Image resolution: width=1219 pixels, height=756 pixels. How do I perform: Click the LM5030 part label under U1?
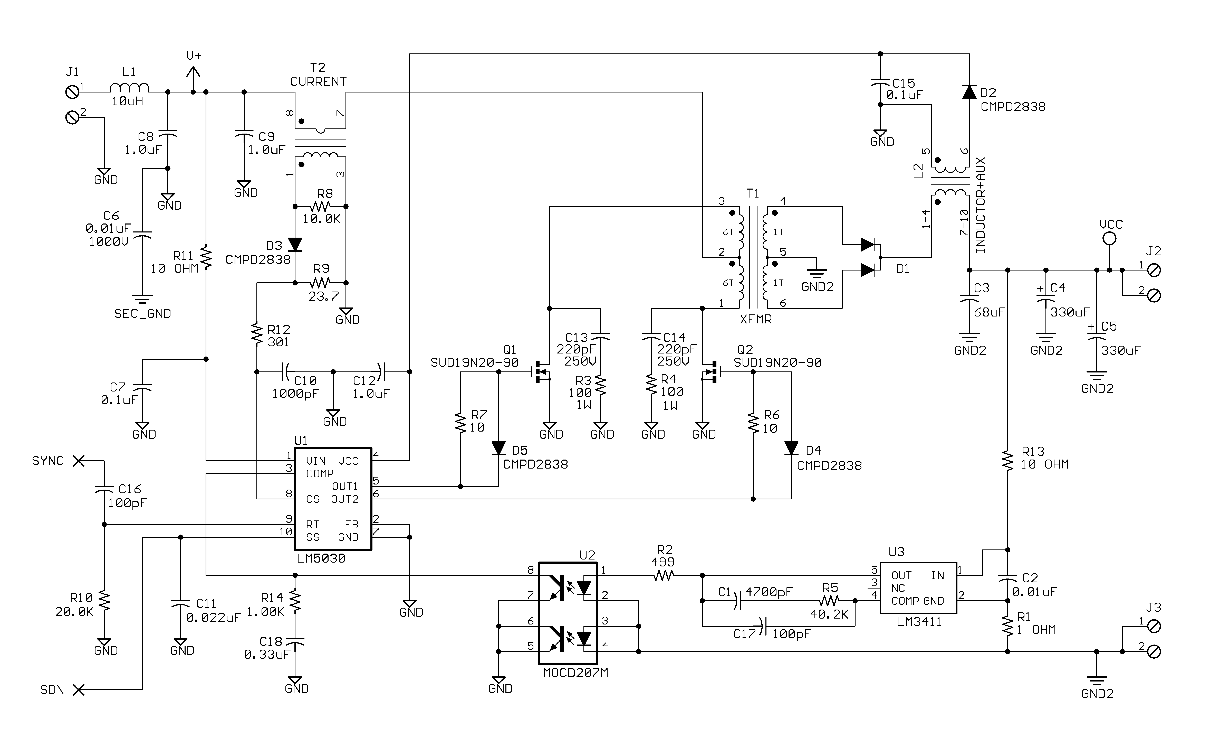[321, 558]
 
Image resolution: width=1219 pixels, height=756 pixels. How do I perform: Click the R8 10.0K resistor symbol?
[320, 206]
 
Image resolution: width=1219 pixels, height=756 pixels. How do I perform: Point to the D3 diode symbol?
[295, 245]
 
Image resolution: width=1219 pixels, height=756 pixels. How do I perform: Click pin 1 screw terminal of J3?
[1154, 626]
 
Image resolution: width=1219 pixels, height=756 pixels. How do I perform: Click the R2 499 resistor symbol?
[664, 575]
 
